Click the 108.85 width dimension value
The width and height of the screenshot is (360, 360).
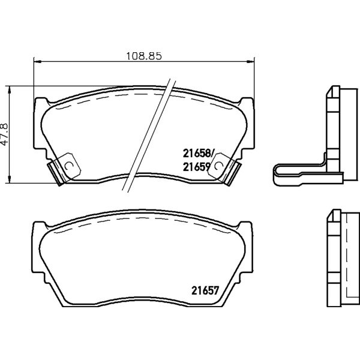click(x=144, y=56)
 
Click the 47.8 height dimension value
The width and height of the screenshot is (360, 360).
click(x=4, y=134)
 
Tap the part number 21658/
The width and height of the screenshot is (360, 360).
click(x=199, y=154)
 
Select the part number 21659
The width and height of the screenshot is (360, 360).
click(x=197, y=167)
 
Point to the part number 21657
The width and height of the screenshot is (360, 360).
click(x=205, y=290)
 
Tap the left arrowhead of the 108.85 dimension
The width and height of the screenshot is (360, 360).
click(x=37, y=61)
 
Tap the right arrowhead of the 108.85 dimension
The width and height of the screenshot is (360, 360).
click(x=251, y=61)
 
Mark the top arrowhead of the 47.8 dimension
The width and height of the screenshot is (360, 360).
click(x=9, y=90)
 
